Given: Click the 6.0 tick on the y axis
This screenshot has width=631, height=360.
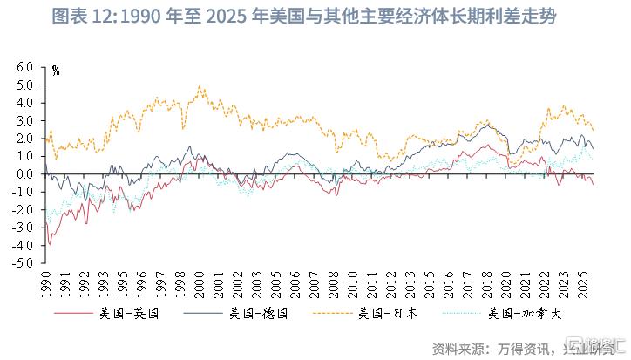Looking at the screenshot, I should [24, 67].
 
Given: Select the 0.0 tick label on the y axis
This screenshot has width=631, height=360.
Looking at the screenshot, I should [24, 174].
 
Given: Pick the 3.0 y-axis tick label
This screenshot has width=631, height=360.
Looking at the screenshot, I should [24, 120].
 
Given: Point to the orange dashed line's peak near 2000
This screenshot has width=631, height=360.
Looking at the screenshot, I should [200, 86].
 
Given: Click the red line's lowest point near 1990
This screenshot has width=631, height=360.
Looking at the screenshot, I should [50, 244].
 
